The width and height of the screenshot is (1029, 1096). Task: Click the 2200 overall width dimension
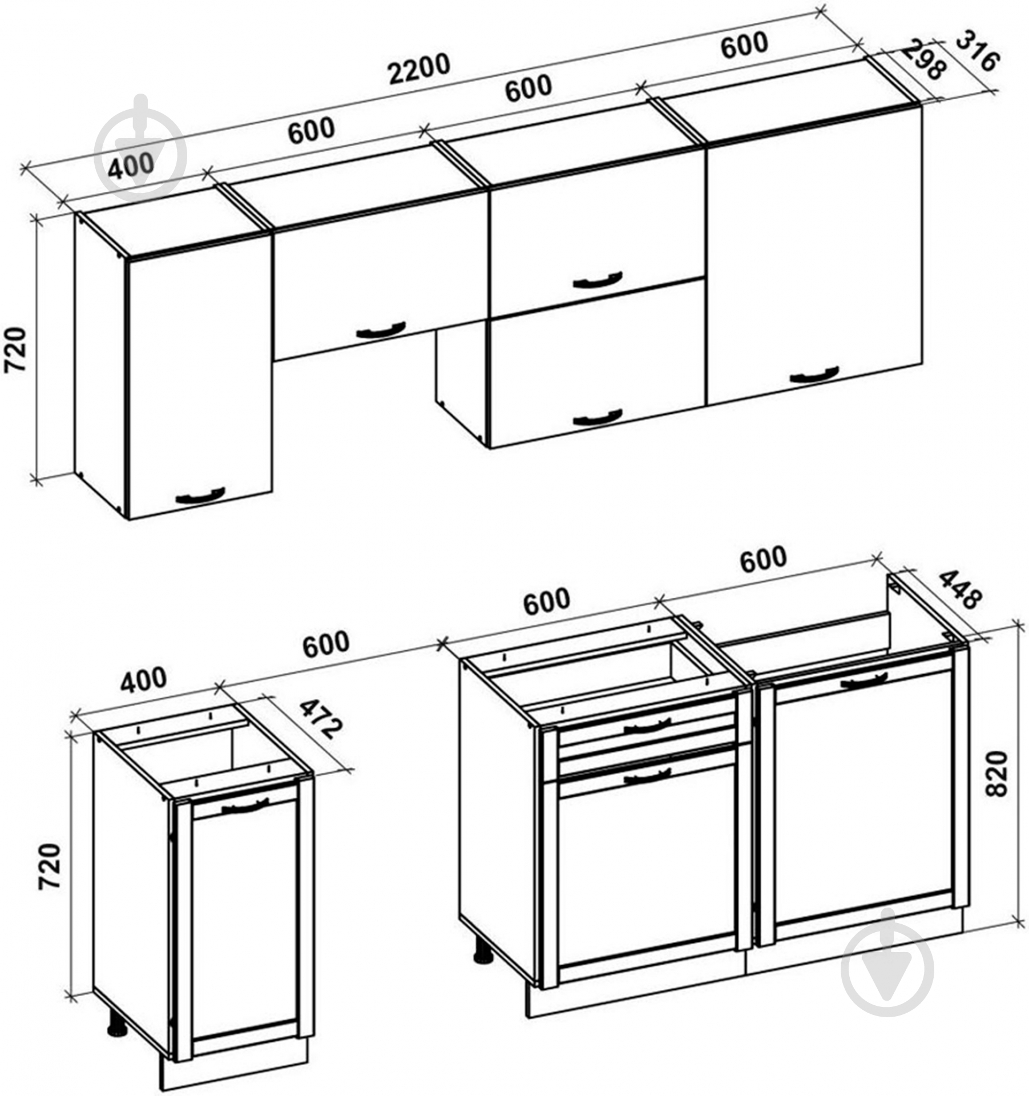pyautogui.click(x=419, y=68)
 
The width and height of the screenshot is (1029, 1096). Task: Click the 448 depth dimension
pyautogui.click(x=961, y=589)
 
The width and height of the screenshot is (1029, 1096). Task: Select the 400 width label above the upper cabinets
pyautogui.click(x=131, y=166)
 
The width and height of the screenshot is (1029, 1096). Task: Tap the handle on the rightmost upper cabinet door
pyautogui.click(x=814, y=375)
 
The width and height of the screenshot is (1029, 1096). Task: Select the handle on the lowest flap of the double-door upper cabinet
pyautogui.click(x=598, y=418)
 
